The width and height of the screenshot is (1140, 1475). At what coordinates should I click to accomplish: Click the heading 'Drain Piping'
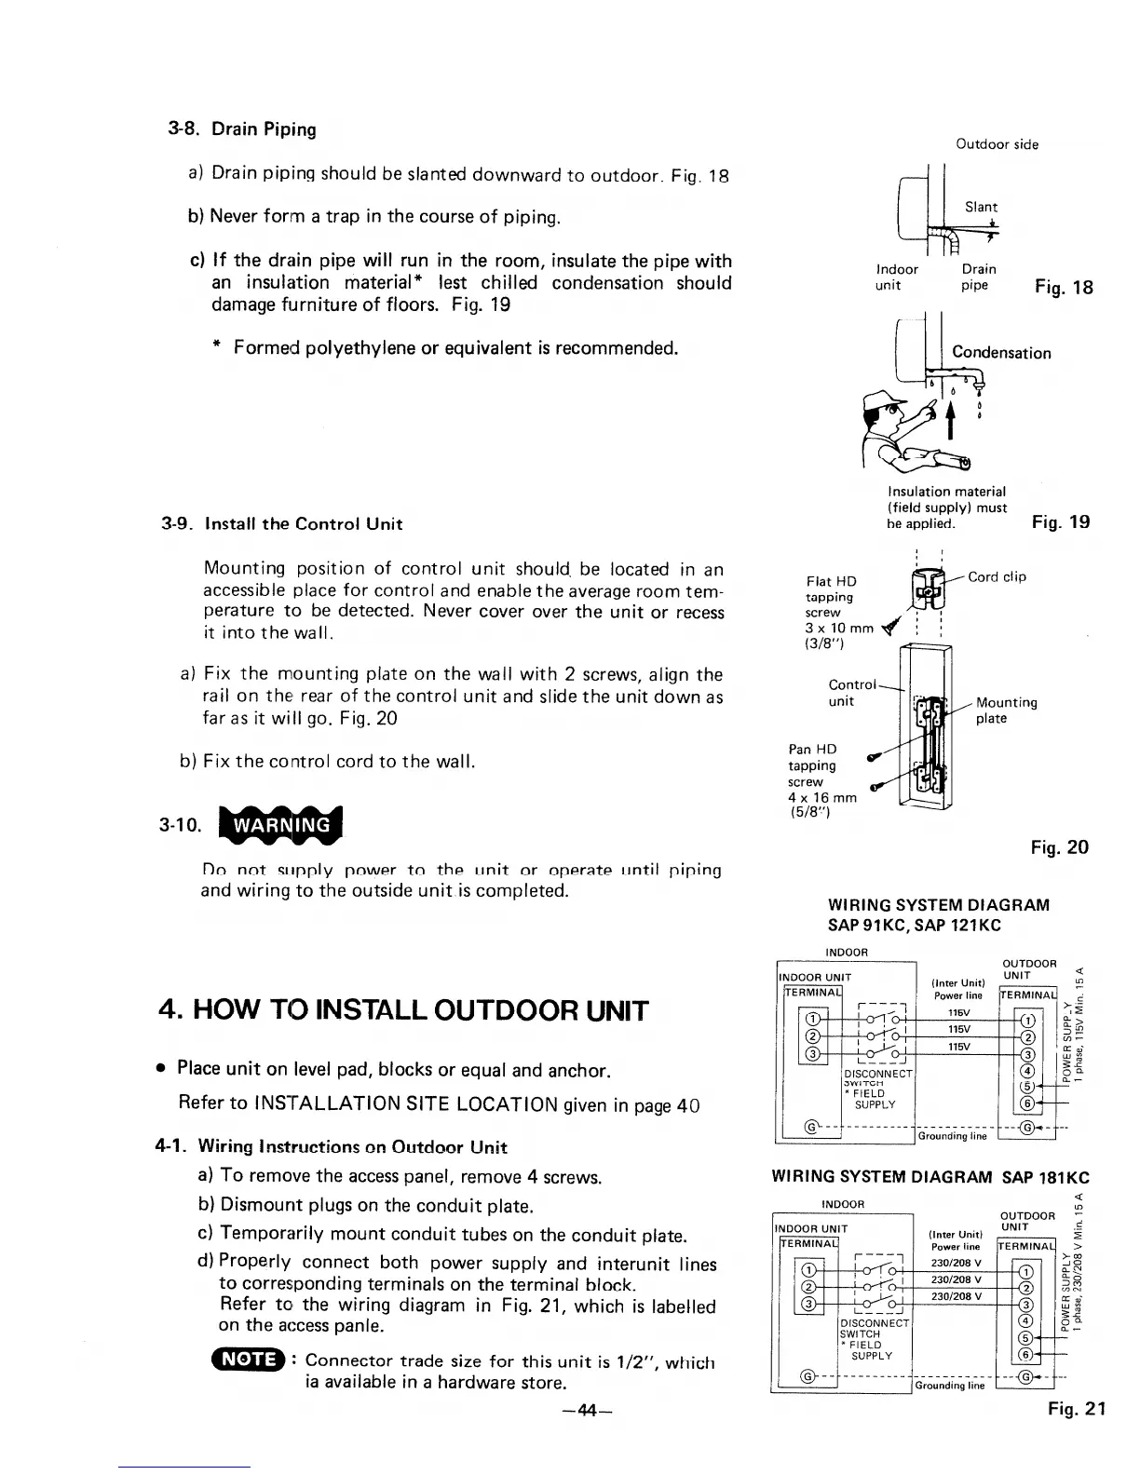[264, 129]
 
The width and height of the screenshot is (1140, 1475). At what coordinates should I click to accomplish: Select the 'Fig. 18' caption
[1063, 287]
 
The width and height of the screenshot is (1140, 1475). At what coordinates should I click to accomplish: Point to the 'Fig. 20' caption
[1059, 847]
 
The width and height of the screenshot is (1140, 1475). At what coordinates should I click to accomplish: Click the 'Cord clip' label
[997, 577]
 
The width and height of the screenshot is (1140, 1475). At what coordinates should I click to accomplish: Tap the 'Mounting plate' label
[1007, 710]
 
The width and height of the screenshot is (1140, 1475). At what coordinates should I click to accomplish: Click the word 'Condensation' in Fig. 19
[1001, 353]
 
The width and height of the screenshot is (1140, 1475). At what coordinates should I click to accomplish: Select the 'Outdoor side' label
[997, 144]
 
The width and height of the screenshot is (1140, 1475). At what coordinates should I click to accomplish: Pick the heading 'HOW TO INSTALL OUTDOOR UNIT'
[400, 1011]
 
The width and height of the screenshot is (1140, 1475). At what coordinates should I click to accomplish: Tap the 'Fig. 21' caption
[1076, 1409]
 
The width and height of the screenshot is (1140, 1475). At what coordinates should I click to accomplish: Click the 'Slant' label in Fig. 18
[981, 207]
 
